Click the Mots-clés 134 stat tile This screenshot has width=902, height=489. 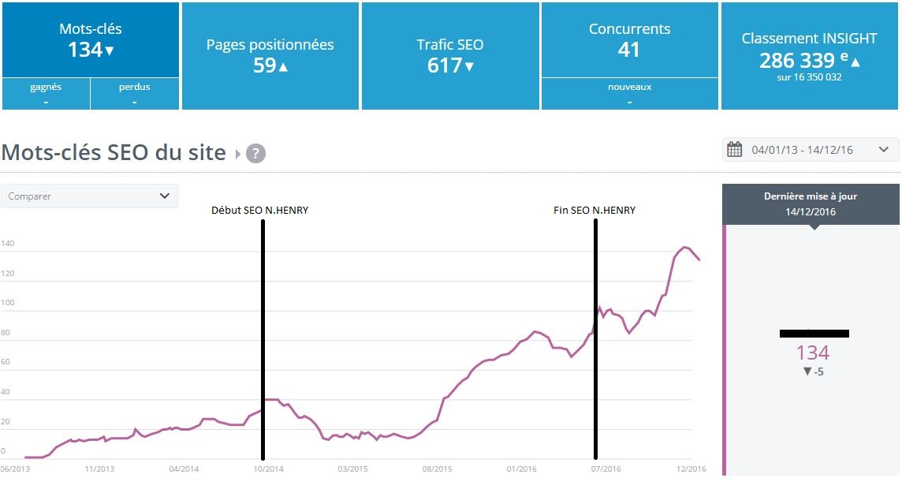[91, 40]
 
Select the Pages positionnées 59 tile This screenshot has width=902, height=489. [270, 55]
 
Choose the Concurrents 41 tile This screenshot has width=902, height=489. [629, 40]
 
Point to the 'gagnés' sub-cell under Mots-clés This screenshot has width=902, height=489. [46, 94]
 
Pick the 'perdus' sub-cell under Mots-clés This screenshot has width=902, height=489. [135, 94]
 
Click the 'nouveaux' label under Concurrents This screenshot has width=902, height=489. [629, 87]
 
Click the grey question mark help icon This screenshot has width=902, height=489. [255, 153]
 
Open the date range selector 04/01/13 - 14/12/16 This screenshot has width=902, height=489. [811, 150]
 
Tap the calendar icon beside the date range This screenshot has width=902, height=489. [735, 150]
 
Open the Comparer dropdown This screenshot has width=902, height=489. [89, 196]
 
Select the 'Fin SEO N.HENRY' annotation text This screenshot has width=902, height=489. [594, 211]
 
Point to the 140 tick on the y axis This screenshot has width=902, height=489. [8, 244]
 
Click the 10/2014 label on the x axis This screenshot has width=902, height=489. [267, 468]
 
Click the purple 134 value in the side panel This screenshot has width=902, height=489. [812, 353]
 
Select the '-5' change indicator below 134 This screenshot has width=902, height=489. [813, 371]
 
